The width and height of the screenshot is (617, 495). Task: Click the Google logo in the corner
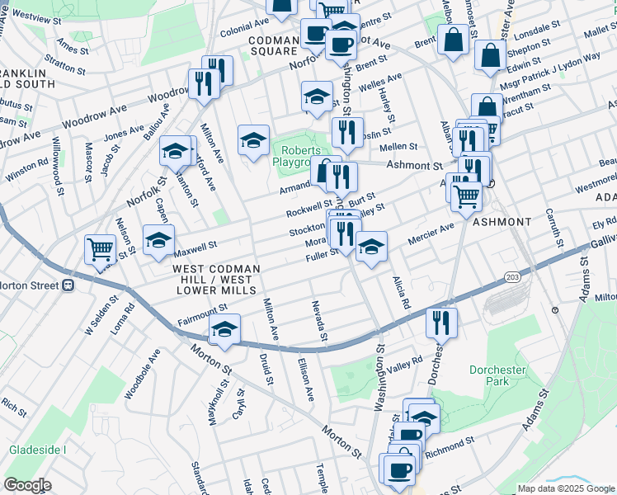(27, 485)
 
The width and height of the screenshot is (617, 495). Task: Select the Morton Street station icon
(68, 285)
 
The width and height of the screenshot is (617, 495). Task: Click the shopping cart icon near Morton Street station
(100, 250)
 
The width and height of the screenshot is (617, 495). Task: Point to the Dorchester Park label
(497, 375)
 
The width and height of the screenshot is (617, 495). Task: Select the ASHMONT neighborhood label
(502, 223)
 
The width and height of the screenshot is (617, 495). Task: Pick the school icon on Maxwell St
(158, 240)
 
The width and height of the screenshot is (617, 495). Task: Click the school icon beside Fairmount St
(224, 330)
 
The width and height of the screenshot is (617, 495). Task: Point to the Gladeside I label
(37, 450)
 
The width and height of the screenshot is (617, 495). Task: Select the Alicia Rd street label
(401, 293)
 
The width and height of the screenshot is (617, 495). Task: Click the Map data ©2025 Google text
(565, 488)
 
